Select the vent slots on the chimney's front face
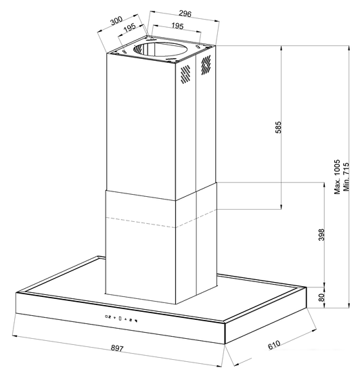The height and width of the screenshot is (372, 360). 185,76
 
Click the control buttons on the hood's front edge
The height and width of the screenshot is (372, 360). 120,318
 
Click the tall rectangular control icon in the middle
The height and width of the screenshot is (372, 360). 120,318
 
